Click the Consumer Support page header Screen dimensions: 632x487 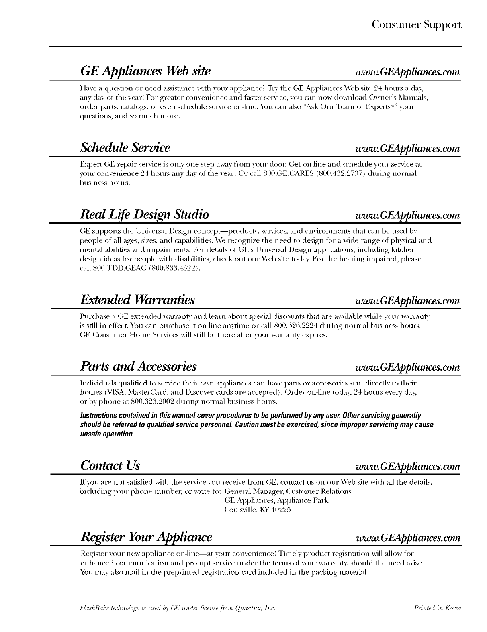pyautogui.click(x=416, y=25)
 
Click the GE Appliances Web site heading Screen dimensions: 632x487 pyautogui.click(x=145, y=71)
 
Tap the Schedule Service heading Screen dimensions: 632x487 pyautogui.click(x=125, y=147)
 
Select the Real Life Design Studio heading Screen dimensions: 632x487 pyautogui.click(x=144, y=214)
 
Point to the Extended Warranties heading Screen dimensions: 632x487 pyautogui.click(x=137, y=300)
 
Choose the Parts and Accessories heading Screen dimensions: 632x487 pyautogui.click(x=138, y=366)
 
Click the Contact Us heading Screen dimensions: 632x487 pyautogui.click(x=110, y=465)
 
